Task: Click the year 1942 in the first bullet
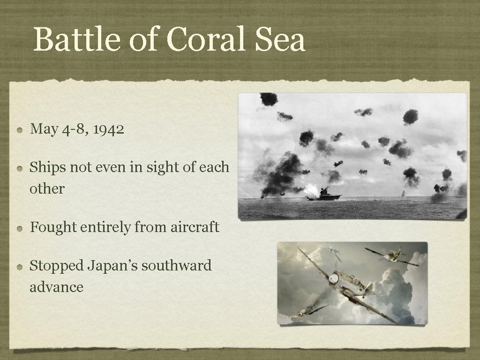[x=108, y=129]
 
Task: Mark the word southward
[x=176, y=266]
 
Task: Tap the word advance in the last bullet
[x=56, y=287]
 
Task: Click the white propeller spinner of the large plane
[x=333, y=278]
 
